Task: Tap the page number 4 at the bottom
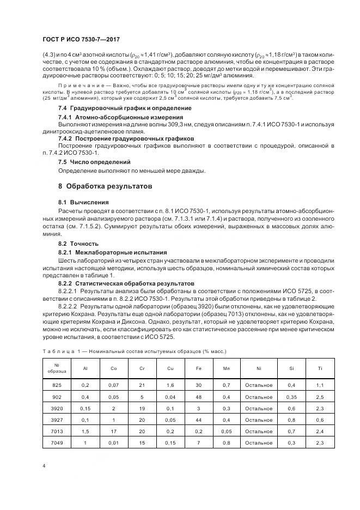tap(44, 465)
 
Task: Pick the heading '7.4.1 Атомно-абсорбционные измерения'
tap(120, 117)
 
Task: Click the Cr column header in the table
tap(142, 368)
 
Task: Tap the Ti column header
tap(320, 368)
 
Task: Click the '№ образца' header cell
tap(57, 368)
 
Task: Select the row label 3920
tap(57, 408)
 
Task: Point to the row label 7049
tap(57, 442)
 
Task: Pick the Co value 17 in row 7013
tap(114, 431)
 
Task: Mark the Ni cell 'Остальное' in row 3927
tap(259, 420)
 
